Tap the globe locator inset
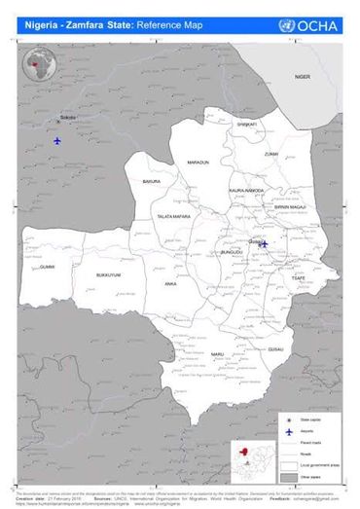point(39,68)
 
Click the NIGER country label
point(302,76)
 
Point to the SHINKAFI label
point(246,125)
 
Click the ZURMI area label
point(270,154)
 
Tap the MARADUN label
point(198,162)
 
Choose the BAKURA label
point(151,182)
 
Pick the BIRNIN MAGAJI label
point(290,206)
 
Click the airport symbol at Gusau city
point(264,244)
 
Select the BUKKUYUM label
point(108,275)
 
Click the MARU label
point(219,353)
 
